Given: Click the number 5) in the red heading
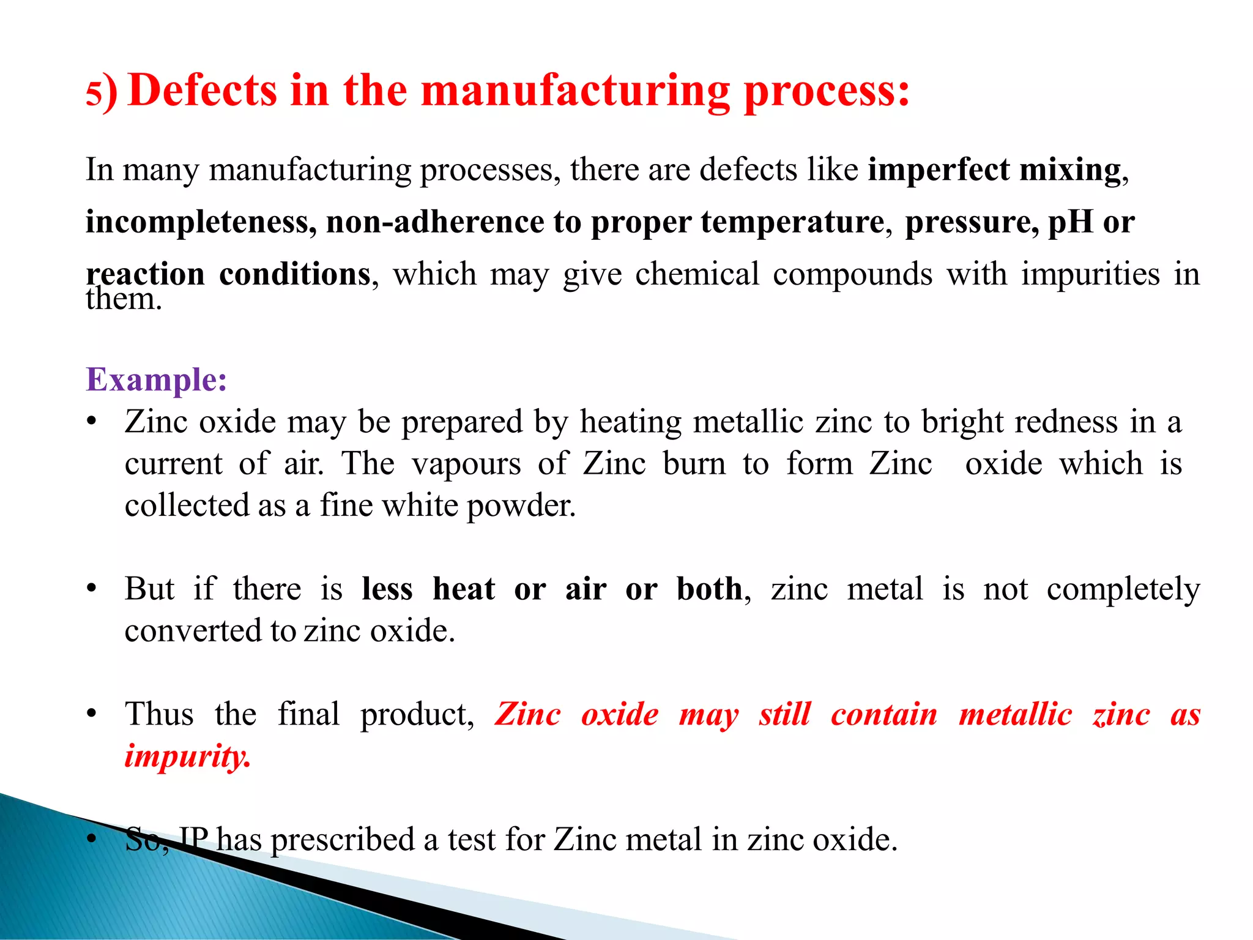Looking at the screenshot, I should point(101,93).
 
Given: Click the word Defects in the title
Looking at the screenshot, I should point(203,90).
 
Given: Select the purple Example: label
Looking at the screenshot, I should point(157,379).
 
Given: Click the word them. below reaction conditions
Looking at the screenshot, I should point(124,300).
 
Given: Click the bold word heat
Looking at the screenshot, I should point(464,589).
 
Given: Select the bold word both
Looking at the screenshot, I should point(710,589).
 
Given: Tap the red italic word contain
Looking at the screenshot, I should point(883,715).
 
